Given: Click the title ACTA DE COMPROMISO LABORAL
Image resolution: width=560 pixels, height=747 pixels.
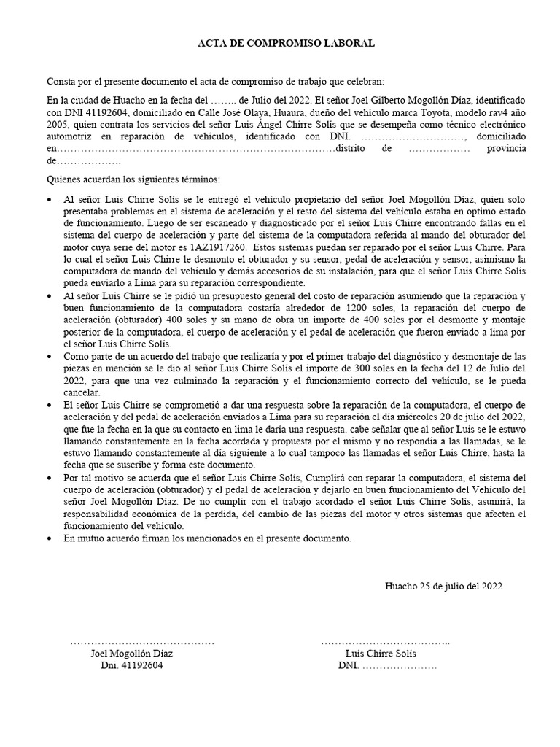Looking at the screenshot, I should (287, 44).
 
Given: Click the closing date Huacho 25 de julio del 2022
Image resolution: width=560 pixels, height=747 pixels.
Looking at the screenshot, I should (443, 586).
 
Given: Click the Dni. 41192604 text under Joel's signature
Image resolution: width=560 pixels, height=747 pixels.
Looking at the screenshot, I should (132, 666).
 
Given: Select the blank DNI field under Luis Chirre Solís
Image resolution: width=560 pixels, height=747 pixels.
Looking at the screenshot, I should (398, 666).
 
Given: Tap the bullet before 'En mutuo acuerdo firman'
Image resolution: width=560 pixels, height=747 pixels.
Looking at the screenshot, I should (49, 538).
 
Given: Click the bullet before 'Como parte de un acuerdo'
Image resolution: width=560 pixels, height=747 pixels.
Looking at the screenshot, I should (49, 355).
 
